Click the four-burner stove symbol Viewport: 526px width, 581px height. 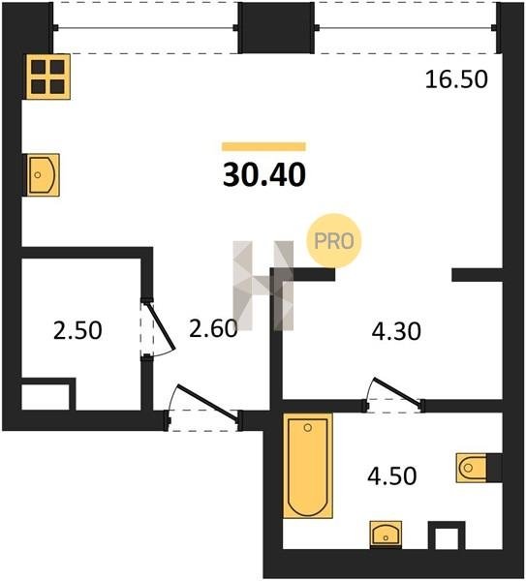(47, 76)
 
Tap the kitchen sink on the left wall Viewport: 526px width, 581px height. (41, 174)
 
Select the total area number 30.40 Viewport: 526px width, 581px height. (264, 175)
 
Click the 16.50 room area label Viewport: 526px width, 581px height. (456, 79)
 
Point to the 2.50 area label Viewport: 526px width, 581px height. (77, 330)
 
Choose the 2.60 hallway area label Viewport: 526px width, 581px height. (213, 328)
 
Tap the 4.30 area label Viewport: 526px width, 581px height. (396, 331)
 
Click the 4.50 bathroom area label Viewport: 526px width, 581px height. (392, 475)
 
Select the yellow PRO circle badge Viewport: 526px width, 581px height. (334, 241)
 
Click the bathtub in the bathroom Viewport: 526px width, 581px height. (308, 466)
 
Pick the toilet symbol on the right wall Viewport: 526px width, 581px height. (472, 468)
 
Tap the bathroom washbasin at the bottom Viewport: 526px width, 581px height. (386, 535)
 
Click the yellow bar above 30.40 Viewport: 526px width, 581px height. (263, 147)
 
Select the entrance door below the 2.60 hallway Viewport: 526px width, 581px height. (203, 408)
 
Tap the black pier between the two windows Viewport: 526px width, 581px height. (276, 28)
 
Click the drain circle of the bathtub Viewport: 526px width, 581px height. (308, 428)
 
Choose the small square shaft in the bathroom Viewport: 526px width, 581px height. (447, 535)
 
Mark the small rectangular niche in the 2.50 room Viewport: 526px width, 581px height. (46, 396)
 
